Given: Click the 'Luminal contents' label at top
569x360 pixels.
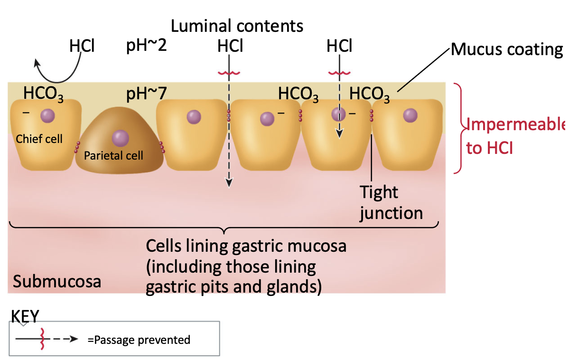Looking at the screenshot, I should [x=237, y=26].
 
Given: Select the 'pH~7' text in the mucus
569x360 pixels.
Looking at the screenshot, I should [x=146, y=94].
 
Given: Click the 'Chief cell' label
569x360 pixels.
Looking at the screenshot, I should [x=39, y=139].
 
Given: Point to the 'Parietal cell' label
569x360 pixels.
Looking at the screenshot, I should [x=113, y=155].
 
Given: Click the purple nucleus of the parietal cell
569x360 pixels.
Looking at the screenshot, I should [x=120, y=139].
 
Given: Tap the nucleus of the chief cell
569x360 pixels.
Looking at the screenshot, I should [x=47, y=115].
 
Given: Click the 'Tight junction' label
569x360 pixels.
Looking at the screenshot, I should [x=390, y=202].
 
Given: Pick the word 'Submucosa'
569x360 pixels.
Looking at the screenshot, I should [x=57, y=281].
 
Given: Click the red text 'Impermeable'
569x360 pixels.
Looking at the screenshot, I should [x=517, y=124].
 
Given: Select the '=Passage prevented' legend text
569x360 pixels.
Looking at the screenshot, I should [x=139, y=340].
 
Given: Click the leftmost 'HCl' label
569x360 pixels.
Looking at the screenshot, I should [x=82, y=46].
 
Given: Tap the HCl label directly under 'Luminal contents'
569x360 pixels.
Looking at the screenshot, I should [x=230, y=46].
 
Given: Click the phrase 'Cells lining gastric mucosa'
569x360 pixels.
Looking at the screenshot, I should [x=246, y=246].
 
